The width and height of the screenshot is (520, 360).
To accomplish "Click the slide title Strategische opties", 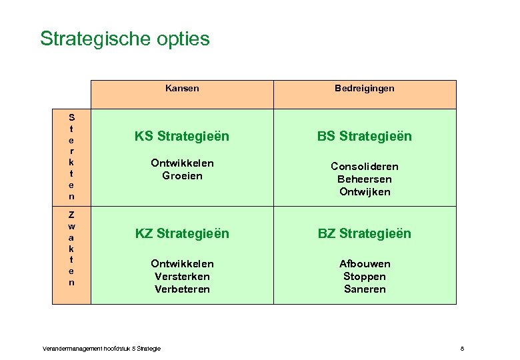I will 125,39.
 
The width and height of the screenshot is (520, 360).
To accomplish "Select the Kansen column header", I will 182,88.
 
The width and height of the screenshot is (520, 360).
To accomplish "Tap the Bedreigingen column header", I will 365,88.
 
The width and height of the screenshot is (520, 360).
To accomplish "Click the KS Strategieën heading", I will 182,137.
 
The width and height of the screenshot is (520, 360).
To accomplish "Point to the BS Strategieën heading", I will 365,137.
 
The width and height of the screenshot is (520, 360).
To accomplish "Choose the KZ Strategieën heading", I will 182,234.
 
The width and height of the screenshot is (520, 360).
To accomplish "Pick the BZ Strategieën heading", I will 365,234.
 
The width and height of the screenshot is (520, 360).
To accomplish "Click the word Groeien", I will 182,176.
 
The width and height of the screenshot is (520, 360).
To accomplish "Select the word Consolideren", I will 365,167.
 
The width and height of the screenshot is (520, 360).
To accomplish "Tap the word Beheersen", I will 365,179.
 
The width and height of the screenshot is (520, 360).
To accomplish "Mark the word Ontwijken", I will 365,192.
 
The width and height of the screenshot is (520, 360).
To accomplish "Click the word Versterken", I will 182,277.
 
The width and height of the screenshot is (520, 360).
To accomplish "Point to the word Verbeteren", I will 182,289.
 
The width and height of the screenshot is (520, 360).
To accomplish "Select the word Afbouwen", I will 365,264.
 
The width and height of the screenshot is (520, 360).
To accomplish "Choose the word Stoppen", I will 365,277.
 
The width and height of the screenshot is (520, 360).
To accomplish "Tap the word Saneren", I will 365,289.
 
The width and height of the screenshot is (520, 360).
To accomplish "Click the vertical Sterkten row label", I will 71,157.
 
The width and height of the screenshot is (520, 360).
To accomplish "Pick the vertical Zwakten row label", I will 71,249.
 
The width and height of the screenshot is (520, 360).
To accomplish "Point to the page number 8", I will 462,349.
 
